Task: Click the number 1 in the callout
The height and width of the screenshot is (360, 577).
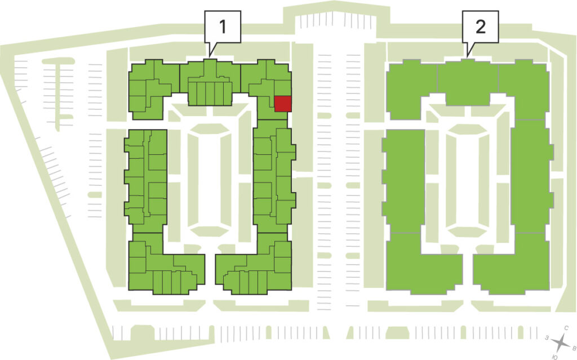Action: click(223, 26)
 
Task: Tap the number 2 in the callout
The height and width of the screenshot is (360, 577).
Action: click(480, 26)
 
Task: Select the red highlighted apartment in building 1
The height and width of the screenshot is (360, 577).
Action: click(283, 104)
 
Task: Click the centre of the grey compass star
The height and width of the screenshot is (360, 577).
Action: click(560, 343)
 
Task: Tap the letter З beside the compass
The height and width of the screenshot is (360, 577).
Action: click(547, 337)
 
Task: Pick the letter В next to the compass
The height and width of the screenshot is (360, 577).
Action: click(573, 348)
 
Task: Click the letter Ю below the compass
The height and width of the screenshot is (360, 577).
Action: click(555, 357)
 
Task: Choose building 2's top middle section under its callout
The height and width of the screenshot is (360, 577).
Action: click(468, 83)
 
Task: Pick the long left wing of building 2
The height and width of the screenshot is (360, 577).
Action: click(403, 181)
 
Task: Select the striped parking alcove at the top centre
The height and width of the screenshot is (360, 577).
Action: click(335, 21)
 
